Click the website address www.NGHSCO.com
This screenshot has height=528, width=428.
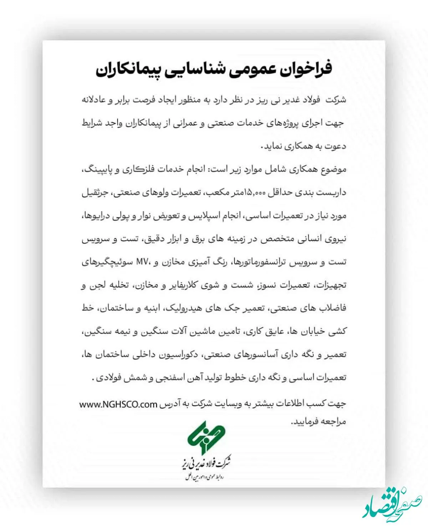coord(118,404)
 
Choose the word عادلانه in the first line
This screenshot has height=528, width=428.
coord(94,100)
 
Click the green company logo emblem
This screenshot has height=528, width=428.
coord(203,437)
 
